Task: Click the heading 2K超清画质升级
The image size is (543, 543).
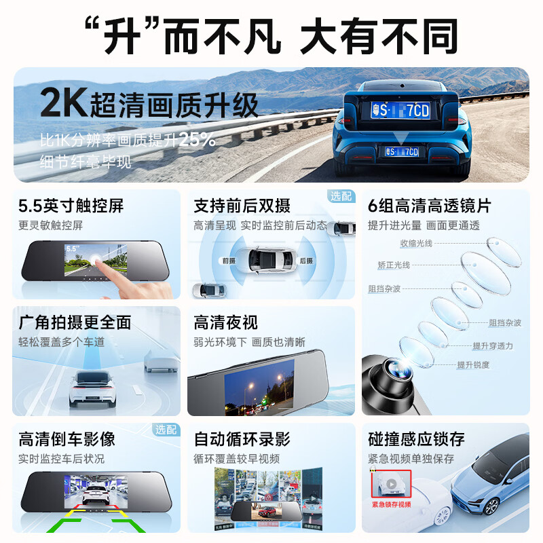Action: click(149, 105)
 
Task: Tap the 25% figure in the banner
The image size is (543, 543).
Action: click(198, 141)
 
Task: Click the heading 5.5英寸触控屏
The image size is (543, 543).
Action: click(71, 206)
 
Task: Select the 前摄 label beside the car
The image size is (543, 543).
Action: click(229, 260)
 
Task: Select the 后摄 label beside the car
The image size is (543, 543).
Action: click(306, 260)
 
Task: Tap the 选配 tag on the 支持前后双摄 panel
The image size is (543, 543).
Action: click(341, 196)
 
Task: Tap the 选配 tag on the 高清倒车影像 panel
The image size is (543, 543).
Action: click(165, 430)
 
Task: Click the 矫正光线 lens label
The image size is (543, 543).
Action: click(394, 265)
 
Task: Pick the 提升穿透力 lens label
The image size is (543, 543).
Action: click(493, 346)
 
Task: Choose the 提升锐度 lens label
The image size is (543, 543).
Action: click(472, 365)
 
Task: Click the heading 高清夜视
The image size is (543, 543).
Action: click(226, 322)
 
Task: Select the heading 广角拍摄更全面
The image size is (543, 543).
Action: click(75, 322)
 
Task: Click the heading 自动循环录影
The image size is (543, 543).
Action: click(242, 439)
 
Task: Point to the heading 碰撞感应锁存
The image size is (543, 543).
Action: click(417, 439)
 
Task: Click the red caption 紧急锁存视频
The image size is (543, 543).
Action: click(392, 504)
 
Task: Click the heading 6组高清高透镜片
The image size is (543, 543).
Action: click(429, 206)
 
